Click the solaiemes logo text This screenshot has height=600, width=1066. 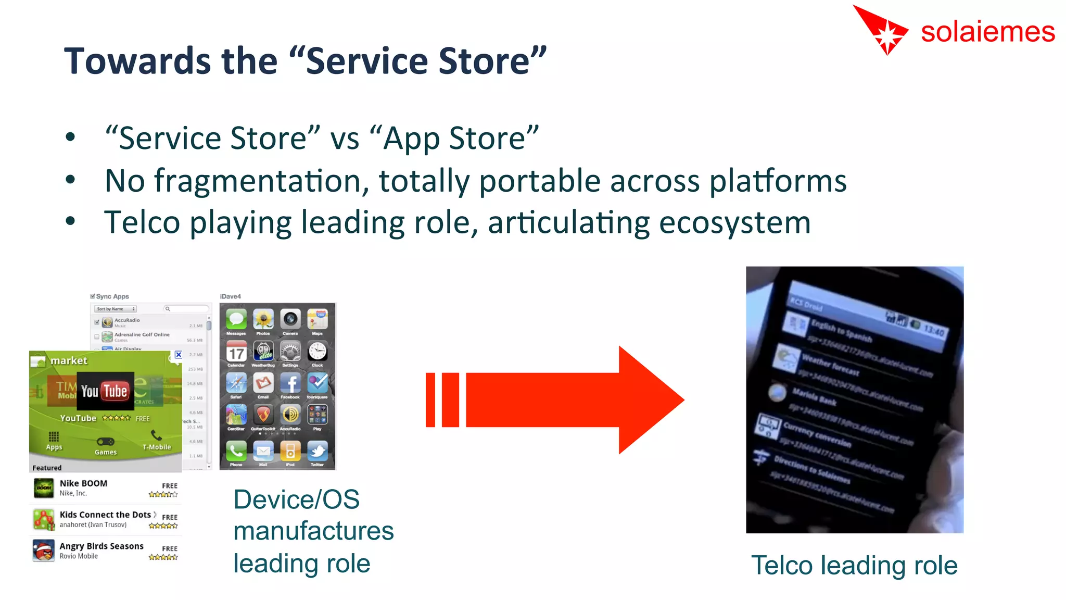click(x=987, y=32)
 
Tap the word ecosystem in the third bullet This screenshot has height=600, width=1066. click(x=734, y=223)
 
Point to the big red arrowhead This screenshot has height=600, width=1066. click(x=651, y=399)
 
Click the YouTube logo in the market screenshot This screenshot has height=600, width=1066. click(x=105, y=391)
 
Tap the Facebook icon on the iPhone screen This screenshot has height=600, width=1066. click(x=290, y=384)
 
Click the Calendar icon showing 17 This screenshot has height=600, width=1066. click(x=236, y=352)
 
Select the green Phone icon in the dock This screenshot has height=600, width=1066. click(x=236, y=451)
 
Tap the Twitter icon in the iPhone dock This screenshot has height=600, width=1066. click(x=317, y=451)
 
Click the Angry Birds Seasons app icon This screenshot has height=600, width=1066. click(x=44, y=551)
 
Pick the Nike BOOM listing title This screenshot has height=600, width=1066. click(x=83, y=483)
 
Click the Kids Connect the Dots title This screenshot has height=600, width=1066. click(x=105, y=515)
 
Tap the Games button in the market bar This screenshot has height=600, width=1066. click(x=106, y=446)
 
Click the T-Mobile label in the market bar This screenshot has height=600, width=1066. click(x=156, y=446)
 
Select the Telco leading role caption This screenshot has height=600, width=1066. click(x=854, y=565)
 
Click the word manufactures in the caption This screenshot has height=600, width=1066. click(x=313, y=531)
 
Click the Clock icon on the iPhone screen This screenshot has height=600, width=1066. click(x=317, y=352)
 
